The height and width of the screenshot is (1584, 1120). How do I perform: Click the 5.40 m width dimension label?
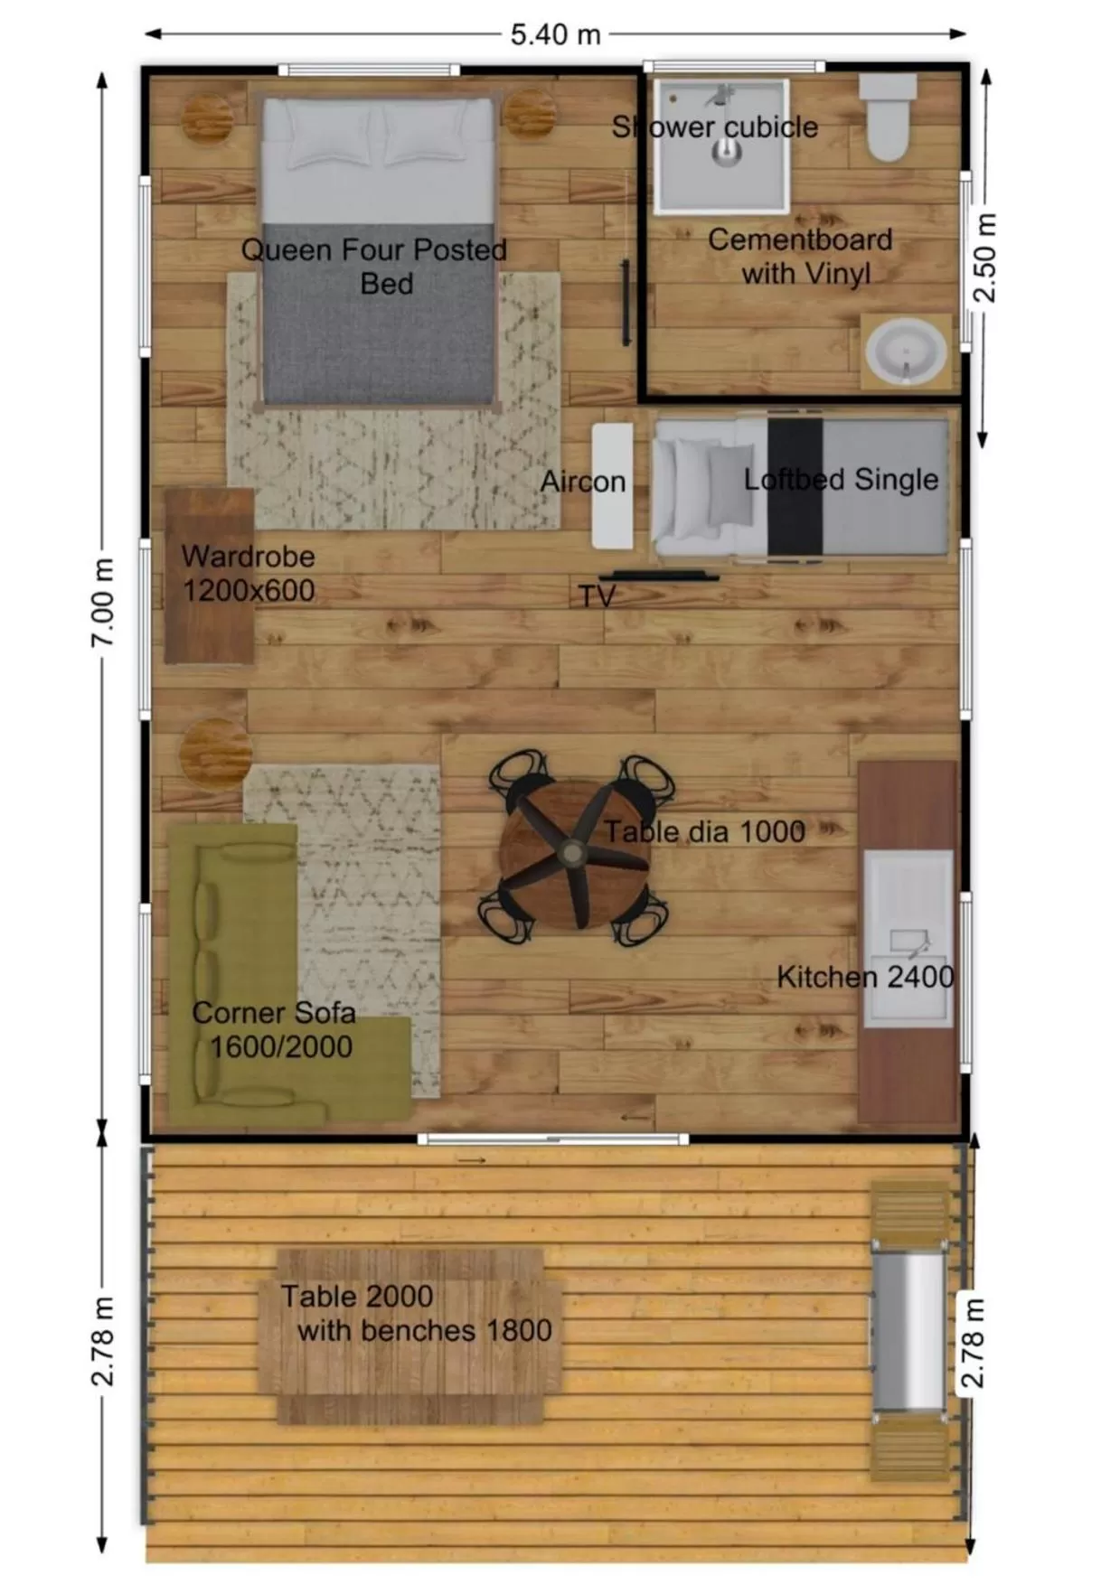555,34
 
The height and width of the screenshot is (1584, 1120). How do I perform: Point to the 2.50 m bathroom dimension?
984,258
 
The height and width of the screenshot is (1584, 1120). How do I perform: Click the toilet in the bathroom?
887,118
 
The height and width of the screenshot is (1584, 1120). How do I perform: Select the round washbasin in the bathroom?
905,352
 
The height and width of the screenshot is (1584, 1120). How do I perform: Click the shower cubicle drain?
725,155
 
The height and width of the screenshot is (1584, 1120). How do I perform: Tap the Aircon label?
582,482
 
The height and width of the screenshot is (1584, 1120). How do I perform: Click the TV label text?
597,595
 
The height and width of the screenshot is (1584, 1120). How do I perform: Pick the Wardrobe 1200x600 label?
248,573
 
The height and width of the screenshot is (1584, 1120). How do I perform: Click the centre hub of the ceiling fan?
571,851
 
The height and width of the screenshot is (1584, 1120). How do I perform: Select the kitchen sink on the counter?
908,939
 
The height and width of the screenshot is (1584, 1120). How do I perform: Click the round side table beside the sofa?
215,751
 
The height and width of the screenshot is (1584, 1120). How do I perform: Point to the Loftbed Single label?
841,479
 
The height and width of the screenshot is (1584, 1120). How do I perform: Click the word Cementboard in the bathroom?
800,239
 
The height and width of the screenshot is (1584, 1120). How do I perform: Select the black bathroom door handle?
625,303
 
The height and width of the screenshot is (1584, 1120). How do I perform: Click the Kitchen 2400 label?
865,977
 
